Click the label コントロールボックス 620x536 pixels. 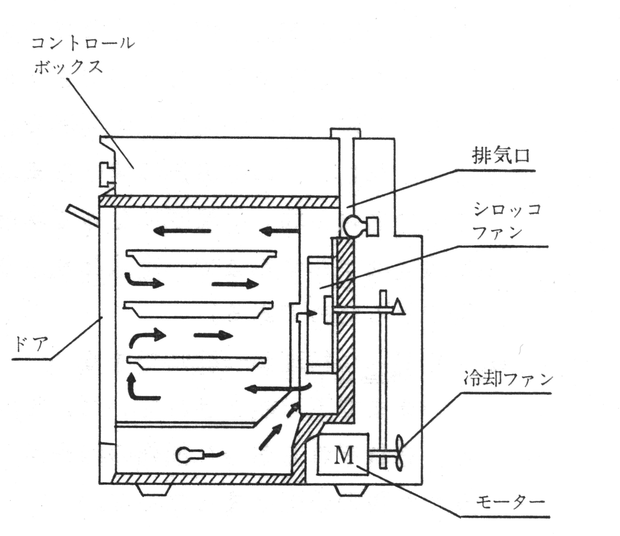click(x=83, y=55)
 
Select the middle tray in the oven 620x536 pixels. click(x=198, y=309)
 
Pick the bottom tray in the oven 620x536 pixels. click(x=197, y=363)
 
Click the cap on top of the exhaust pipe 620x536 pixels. click(x=345, y=133)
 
